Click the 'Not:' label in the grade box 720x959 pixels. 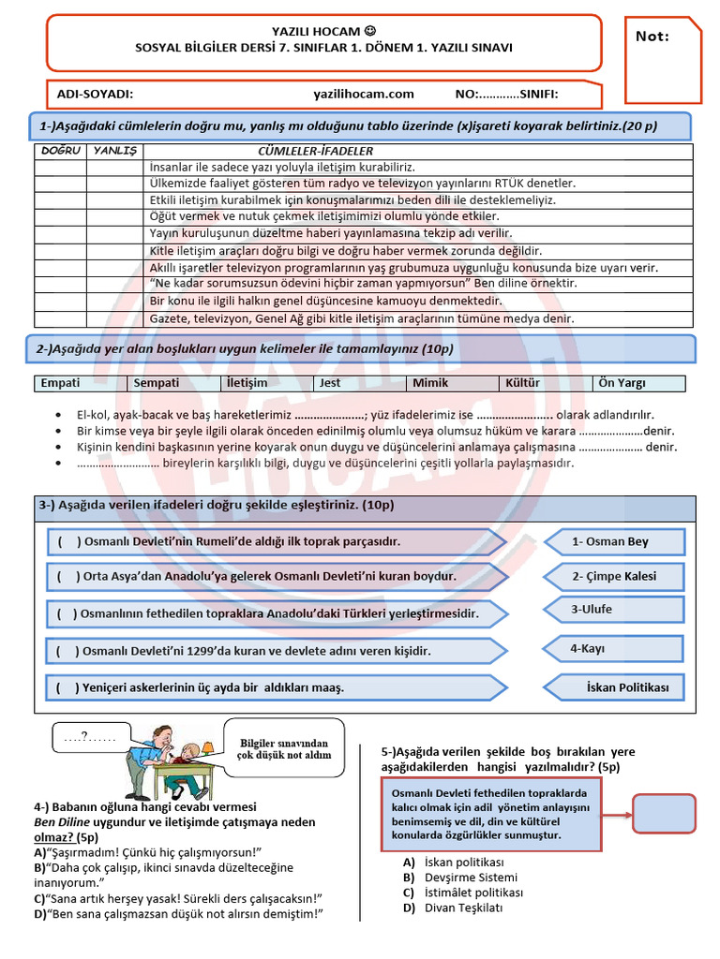(x=652, y=37)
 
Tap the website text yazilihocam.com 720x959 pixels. (x=364, y=94)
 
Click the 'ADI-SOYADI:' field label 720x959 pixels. (x=95, y=94)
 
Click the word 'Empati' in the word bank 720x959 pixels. (x=61, y=383)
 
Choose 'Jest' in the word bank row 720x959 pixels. (x=330, y=383)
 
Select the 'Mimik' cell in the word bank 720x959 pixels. (x=430, y=383)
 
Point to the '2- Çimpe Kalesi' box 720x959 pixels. (x=615, y=576)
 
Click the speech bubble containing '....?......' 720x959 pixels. (x=89, y=737)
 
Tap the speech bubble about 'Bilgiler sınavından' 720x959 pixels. (x=284, y=747)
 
